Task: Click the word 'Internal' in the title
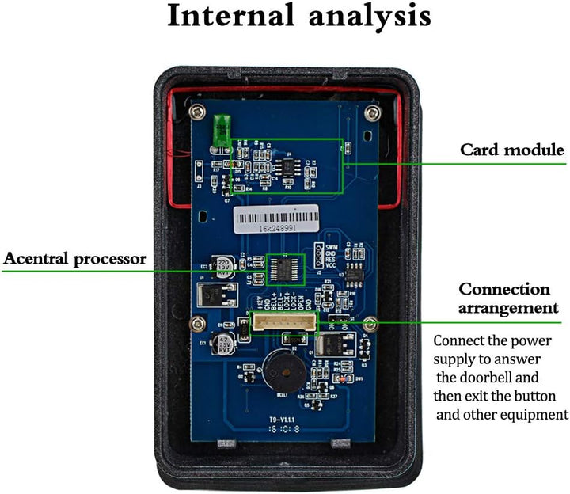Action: pos(232,17)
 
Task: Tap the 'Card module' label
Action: pos(512,150)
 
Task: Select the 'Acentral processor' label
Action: pos(75,258)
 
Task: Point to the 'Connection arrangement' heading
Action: pos(504,298)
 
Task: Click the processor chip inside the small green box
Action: pos(287,268)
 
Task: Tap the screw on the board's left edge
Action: pos(198,323)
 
